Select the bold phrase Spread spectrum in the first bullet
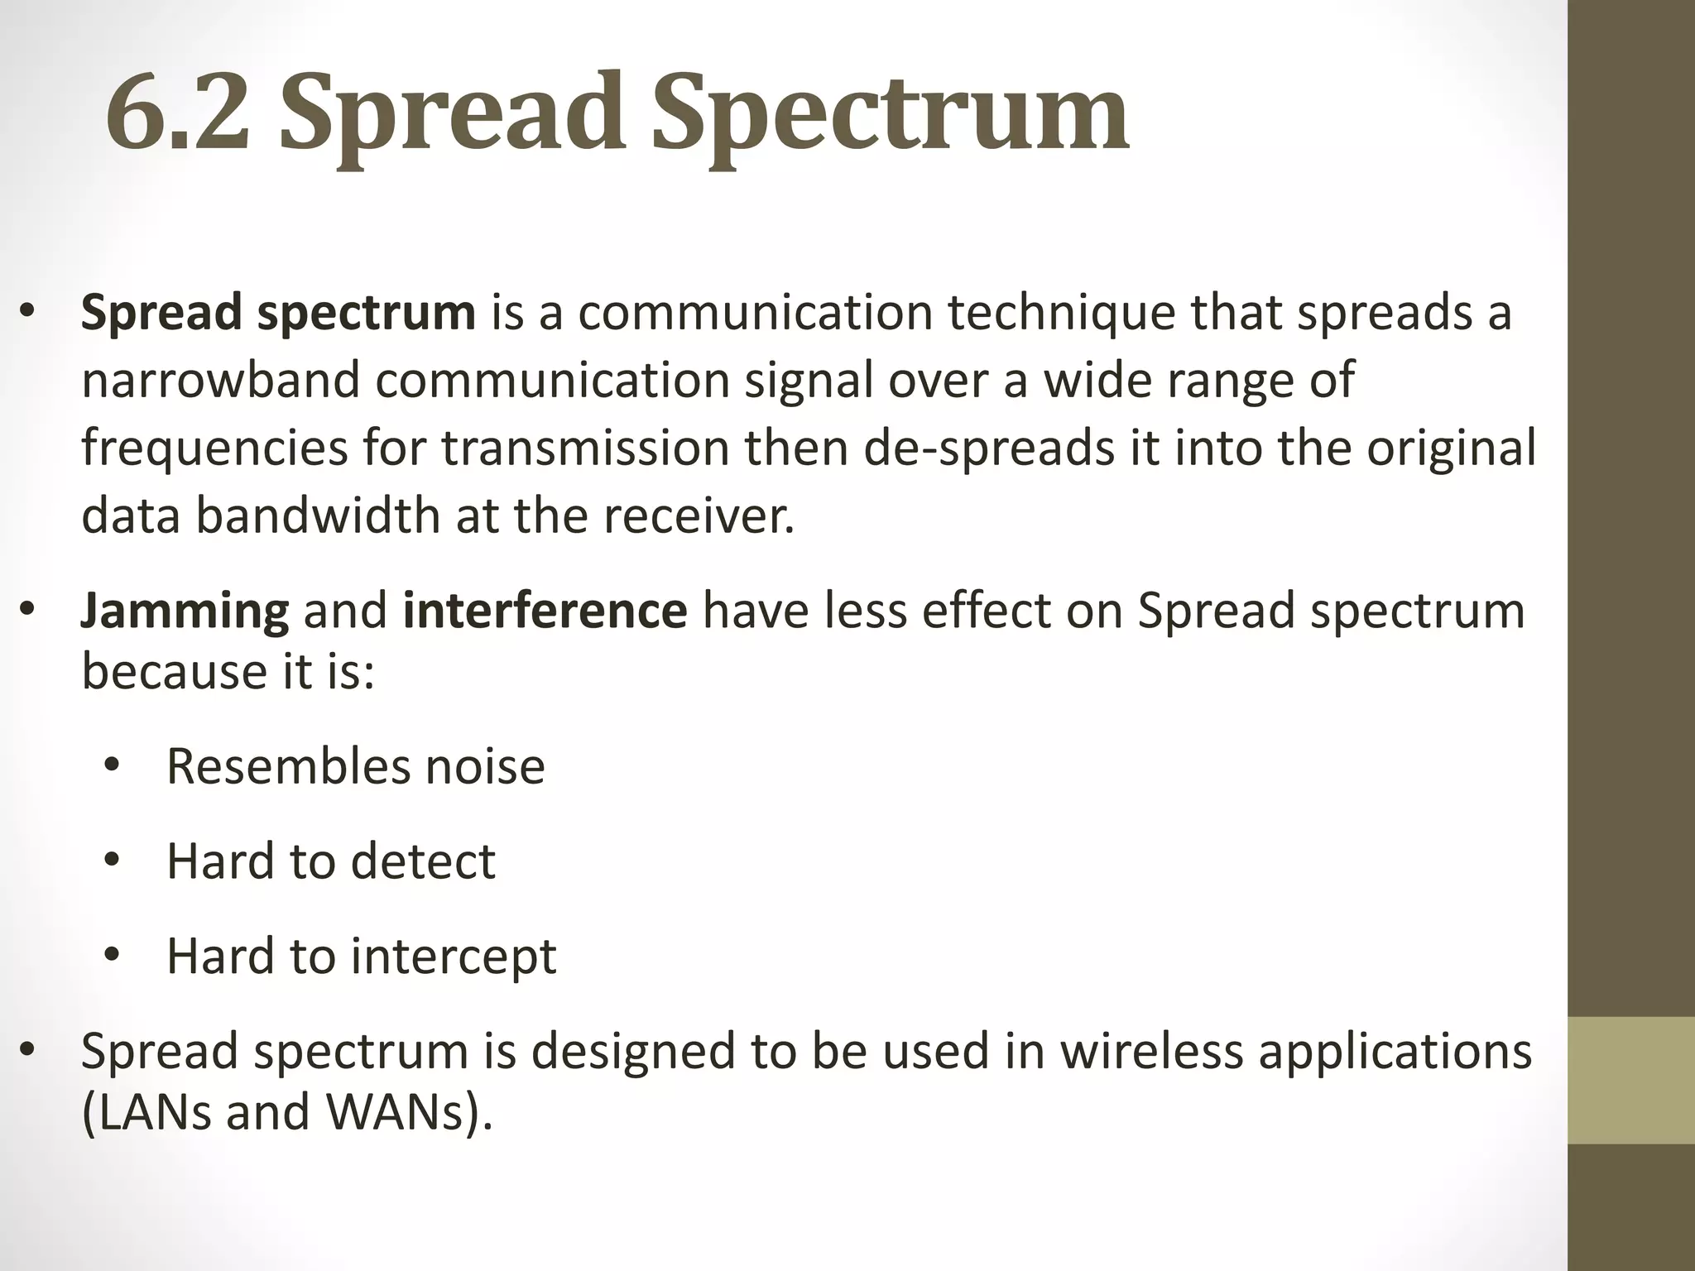tap(278, 312)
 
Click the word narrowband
tap(220, 380)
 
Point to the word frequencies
tap(214, 448)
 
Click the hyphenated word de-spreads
tap(990, 448)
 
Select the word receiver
tap(699, 516)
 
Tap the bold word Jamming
tap(185, 611)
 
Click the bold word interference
tap(545, 611)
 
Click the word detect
tap(423, 861)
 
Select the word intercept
tap(454, 956)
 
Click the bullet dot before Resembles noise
tap(112, 765)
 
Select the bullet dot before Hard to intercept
tap(112, 956)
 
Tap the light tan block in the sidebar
tap(1630, 1080)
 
